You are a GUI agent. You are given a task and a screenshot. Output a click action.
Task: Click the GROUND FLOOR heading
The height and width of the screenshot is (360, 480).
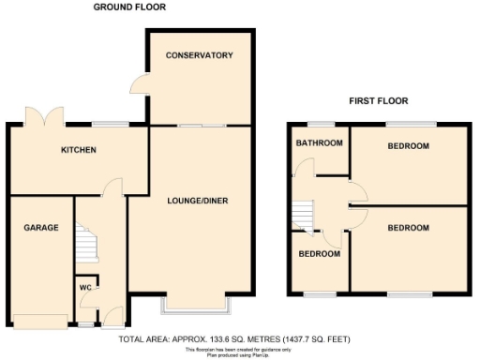coord(129,7)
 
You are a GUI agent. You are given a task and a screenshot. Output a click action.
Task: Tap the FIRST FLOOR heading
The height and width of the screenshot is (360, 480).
coord(378,100)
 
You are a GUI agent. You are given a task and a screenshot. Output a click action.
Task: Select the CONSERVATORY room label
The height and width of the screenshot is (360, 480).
coord(199,56)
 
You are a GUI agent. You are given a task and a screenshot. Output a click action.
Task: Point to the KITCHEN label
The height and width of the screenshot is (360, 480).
coord(79,151)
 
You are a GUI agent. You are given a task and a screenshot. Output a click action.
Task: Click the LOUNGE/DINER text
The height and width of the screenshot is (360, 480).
coord(198,201)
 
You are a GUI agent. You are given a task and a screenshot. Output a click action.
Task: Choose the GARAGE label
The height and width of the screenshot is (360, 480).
coord(41,228)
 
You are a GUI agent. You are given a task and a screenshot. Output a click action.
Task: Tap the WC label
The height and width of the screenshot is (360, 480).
coord(83,287)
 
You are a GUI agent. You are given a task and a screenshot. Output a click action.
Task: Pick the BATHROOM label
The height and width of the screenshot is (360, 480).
coord(319,143)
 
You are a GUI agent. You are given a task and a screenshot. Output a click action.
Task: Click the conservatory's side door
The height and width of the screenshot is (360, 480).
coord(138,85)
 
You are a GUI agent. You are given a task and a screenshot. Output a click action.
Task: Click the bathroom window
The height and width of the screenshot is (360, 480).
coord(322,124)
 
